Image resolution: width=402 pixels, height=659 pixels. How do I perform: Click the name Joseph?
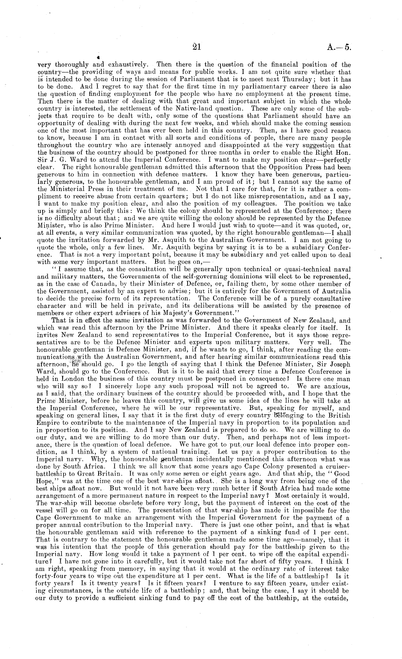tap(337, 364)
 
